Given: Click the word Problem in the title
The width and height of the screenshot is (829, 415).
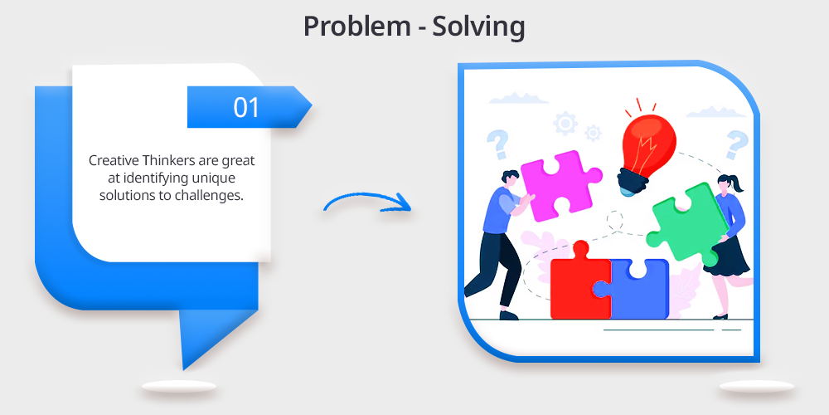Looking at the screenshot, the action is (356, 27).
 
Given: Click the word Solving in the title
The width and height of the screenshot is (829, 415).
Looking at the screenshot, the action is (478, 27).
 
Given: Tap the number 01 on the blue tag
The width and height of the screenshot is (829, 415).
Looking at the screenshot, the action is (246, 107).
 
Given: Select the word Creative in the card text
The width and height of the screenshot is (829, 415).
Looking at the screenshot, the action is (109, 160).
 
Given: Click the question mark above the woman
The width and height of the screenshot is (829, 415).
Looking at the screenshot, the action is (736, 144).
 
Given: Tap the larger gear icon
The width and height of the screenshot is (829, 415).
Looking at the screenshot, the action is (565, 124).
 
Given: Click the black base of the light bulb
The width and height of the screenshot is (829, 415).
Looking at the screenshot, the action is (632, 179).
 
